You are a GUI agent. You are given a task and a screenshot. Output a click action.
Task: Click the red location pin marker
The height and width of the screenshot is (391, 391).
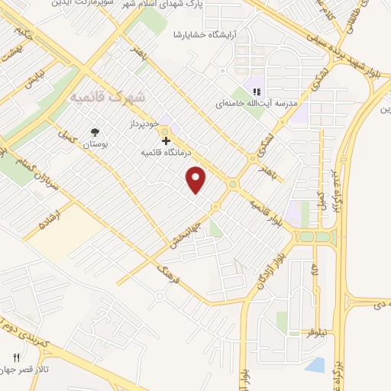(197, 179)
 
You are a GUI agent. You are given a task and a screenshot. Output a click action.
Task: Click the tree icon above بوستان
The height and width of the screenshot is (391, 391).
(95, 131)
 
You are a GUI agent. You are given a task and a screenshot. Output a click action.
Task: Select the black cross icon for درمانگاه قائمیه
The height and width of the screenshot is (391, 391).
(166, 141)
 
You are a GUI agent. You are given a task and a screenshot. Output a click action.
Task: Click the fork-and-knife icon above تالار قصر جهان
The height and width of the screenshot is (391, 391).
(17, 357)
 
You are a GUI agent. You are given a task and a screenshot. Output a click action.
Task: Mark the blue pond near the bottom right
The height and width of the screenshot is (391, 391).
(315, 365)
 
